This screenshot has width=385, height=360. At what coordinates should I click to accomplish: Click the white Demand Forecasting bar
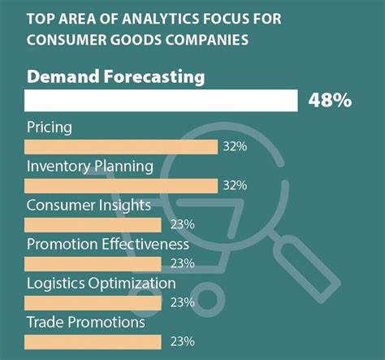161,100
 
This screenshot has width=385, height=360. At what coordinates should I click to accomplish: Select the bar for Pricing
121,146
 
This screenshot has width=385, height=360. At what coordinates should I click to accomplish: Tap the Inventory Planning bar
121,185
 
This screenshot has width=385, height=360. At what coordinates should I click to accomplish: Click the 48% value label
330,100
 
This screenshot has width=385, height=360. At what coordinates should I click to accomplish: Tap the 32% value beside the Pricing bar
235,146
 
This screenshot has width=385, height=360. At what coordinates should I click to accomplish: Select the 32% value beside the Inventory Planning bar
235,185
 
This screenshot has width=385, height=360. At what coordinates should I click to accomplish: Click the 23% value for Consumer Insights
183,224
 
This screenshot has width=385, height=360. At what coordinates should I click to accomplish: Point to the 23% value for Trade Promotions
183,341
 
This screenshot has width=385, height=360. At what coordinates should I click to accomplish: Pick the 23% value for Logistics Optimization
183,302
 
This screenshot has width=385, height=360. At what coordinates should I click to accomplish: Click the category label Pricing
50,128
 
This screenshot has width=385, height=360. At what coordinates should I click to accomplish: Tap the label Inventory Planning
89,167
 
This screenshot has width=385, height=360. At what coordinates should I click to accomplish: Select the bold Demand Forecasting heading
115,77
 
